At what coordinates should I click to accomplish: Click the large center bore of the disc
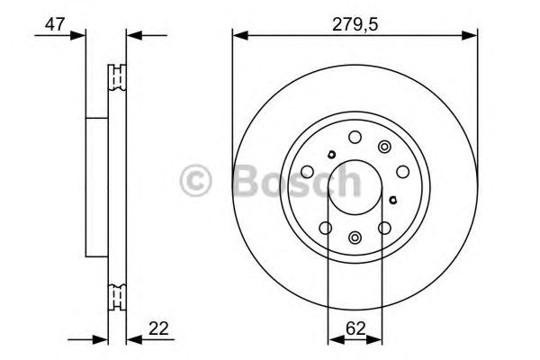point(355,184)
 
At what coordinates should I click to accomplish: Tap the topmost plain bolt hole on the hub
point(355,137)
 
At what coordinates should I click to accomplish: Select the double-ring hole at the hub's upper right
point(385,148)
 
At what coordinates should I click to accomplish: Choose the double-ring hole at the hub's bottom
point(355,238)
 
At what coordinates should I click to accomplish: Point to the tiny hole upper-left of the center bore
point(331,154)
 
